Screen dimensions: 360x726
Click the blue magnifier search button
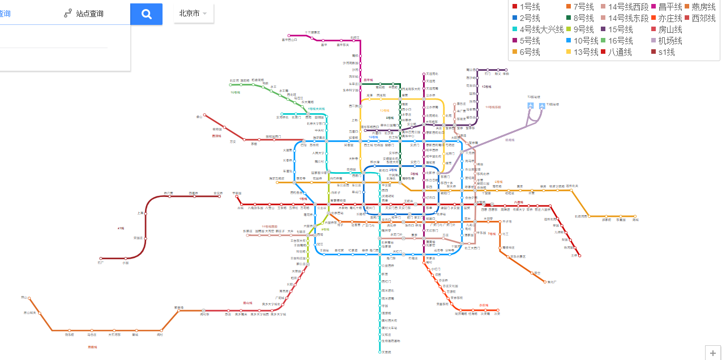(146, 14)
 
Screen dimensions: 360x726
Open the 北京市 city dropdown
(193, 13)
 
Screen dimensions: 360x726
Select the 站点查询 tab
(83, 13)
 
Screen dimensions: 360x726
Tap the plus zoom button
(712, 353)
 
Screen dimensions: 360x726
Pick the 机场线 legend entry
(665, 41)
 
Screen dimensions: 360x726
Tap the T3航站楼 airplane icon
(543, 105)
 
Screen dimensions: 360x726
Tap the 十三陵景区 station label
(312, 32)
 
